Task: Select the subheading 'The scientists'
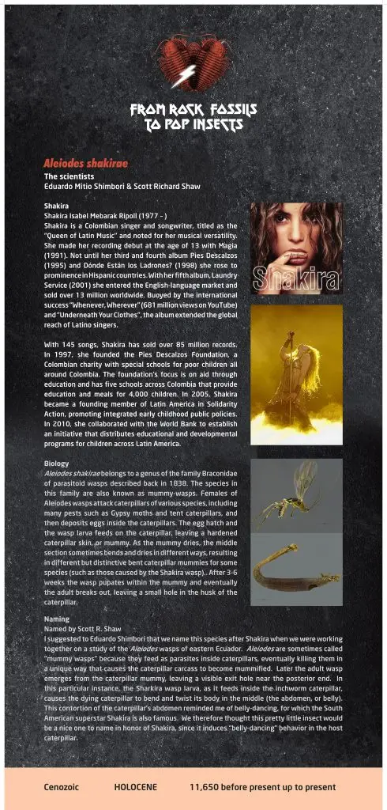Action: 70,176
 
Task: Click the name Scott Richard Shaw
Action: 167,186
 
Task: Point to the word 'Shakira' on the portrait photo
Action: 296,278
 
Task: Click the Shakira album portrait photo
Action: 296,247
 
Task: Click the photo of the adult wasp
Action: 296,494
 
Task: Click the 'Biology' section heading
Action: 57,464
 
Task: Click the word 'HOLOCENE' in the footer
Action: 136,787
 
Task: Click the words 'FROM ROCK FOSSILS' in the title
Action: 193,110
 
